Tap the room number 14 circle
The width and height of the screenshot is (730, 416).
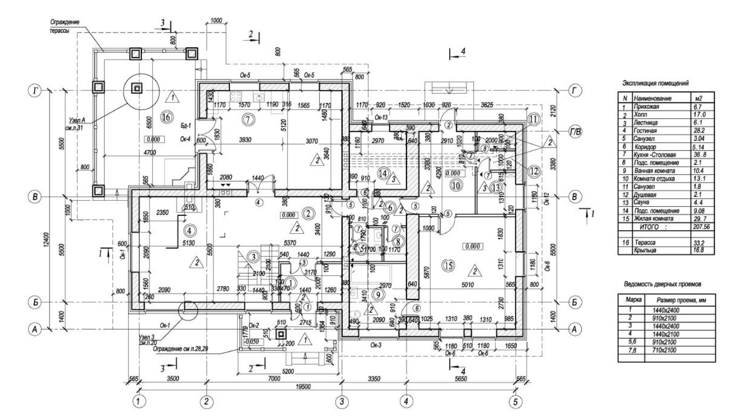[x=381, y=173]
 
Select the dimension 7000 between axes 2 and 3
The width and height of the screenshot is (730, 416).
[x=273, y=378]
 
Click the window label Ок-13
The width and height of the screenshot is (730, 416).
[x=380, y=118]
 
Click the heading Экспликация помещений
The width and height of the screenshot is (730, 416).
[x=656, y=84]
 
